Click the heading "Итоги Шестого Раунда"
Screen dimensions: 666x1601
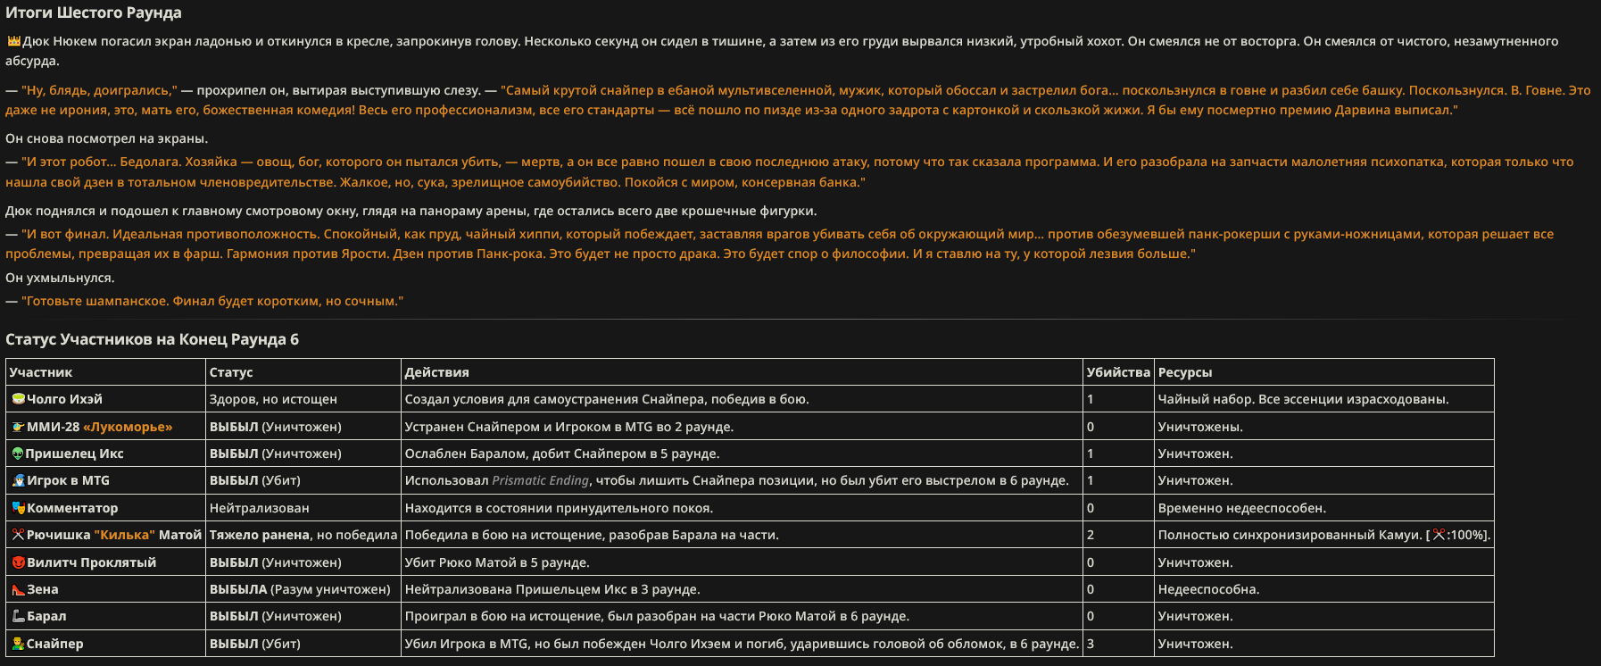coord(94,12)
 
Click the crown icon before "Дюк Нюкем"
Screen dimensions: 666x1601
coord(13,41)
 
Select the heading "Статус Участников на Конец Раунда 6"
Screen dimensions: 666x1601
coord(152,339)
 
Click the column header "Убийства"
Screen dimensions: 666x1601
coord(1117,372)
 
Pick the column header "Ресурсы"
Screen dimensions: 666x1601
coord(1184,372)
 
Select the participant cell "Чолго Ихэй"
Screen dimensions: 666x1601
coord(64,399)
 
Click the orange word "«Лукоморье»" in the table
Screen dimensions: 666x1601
coord(128,427)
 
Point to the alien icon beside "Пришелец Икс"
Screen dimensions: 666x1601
coord(17,454)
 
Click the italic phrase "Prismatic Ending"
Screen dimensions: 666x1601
coord(540,480)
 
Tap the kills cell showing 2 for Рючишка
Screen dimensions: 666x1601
coord(1091,535)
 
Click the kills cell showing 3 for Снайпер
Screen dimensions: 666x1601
coord(1091,644)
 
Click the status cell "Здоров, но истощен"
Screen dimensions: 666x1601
coord(273,399)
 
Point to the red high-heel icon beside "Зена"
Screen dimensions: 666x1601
coord(18,589)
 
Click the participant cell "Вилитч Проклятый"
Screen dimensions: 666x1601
coord(91,562)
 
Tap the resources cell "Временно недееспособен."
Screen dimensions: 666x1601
coord(1241,508)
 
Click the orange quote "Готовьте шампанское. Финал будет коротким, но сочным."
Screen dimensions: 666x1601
coord(212,301)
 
